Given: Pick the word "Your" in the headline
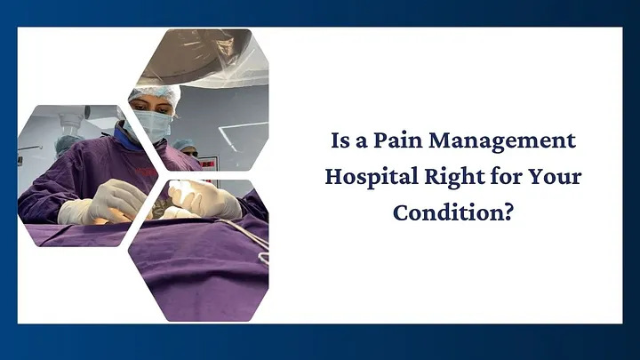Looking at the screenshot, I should click(x=558, y=177).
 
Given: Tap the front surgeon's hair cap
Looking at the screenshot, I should click(x=153, y=93).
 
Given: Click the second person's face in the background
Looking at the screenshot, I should click(x=187, y=148).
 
